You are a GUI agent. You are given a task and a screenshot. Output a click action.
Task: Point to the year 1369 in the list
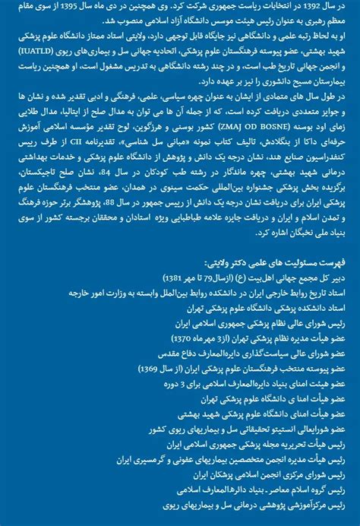[x=150, y=368]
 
